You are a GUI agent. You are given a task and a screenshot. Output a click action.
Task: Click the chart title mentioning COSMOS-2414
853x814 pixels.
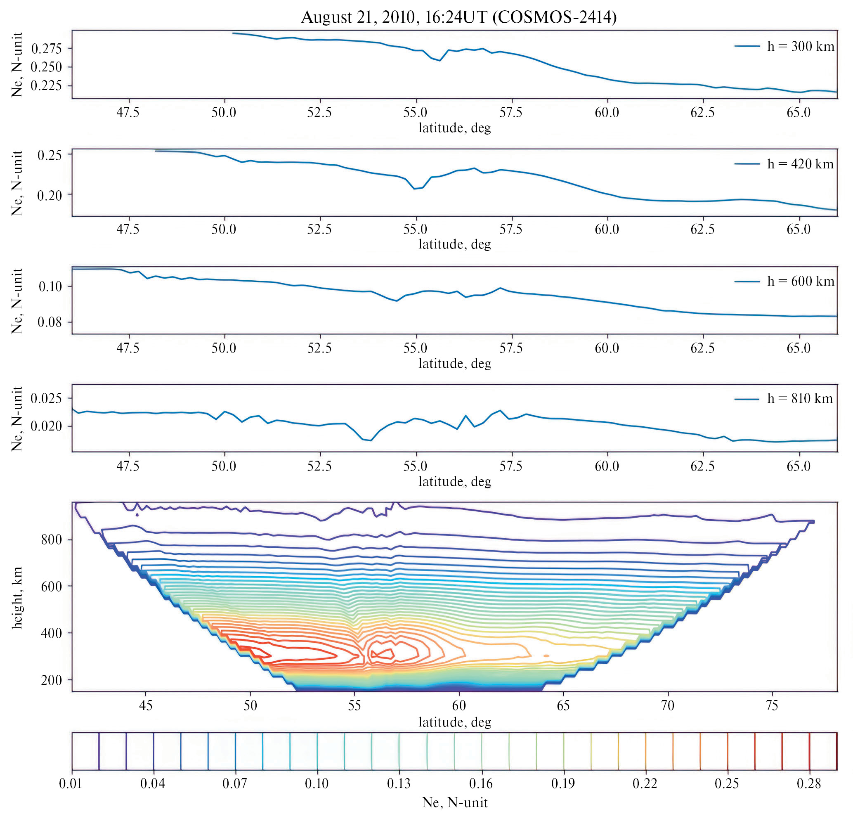[x=458, y=17]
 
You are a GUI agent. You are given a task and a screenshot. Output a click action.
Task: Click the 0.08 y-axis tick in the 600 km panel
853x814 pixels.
[x=50, y=322]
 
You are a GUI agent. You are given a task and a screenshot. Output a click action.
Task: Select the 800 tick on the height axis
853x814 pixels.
[x=52, y=540]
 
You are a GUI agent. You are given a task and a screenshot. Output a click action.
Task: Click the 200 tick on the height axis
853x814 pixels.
[x=52, y=680]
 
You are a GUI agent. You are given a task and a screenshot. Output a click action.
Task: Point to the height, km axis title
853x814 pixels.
[x=17, y=597]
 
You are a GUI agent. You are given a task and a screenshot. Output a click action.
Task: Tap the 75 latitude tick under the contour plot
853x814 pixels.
[x=772, y=705]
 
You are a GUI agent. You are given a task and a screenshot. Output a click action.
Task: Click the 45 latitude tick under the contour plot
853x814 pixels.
[x=146, y=705]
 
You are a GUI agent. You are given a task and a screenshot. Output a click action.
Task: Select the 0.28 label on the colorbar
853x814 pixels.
[x=809, y=783]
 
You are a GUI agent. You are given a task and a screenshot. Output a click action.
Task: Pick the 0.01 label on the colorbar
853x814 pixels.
[x=70, y=783]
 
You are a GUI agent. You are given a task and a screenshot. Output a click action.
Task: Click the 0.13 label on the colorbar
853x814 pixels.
[x=399, y=783]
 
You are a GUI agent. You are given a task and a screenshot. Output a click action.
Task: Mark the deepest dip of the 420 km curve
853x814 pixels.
[x=414, y=189]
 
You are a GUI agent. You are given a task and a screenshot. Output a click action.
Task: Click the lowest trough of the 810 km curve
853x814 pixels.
[x=371, y=440]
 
